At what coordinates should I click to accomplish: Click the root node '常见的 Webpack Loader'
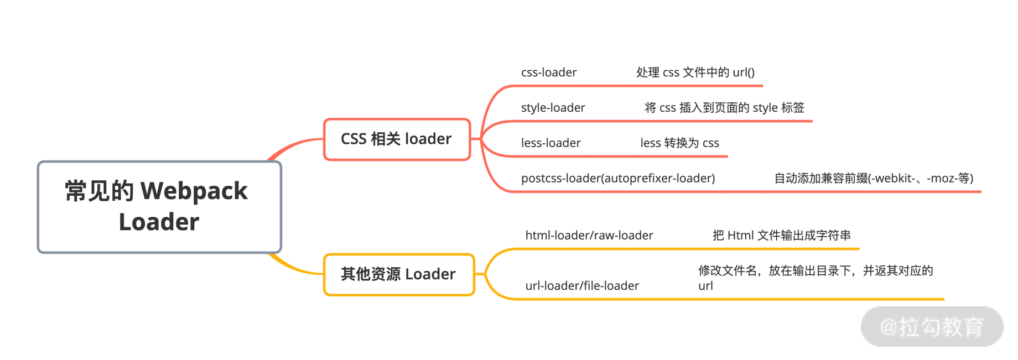click(x=159, y=207)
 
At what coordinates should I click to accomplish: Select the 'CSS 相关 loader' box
click(x=397, y=139)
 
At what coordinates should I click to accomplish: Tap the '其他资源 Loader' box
click(x=399, y=274)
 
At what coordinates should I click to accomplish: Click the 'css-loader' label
click(x=548, y=72)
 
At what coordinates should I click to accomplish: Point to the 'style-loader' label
click(x=553, y=108)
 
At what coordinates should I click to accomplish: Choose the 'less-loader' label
click(x=550, y=143)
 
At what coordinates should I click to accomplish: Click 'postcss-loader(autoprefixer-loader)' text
click(x=617, y=179)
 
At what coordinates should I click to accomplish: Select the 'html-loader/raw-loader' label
click(x=589, y=236)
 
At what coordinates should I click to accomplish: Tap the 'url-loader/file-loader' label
click(x=581, y=286)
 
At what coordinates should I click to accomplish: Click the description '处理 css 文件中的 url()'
click(x=695, y=72)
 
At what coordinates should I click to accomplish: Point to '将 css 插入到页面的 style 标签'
click(x=724, y=108)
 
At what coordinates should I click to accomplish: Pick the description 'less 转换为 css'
click(x=679, y=143)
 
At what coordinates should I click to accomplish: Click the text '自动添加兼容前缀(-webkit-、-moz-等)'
click(x=873, y=179)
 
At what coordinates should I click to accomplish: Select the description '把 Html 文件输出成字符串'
click(x=781, y=236)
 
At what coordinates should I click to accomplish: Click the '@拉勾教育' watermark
click(x=932, y=327)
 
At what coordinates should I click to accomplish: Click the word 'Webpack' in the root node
click(x=194, y=191)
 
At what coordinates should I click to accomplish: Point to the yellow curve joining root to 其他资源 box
click(x=293, y=268)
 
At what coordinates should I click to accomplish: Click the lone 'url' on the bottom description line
click(x=705, y=286)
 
